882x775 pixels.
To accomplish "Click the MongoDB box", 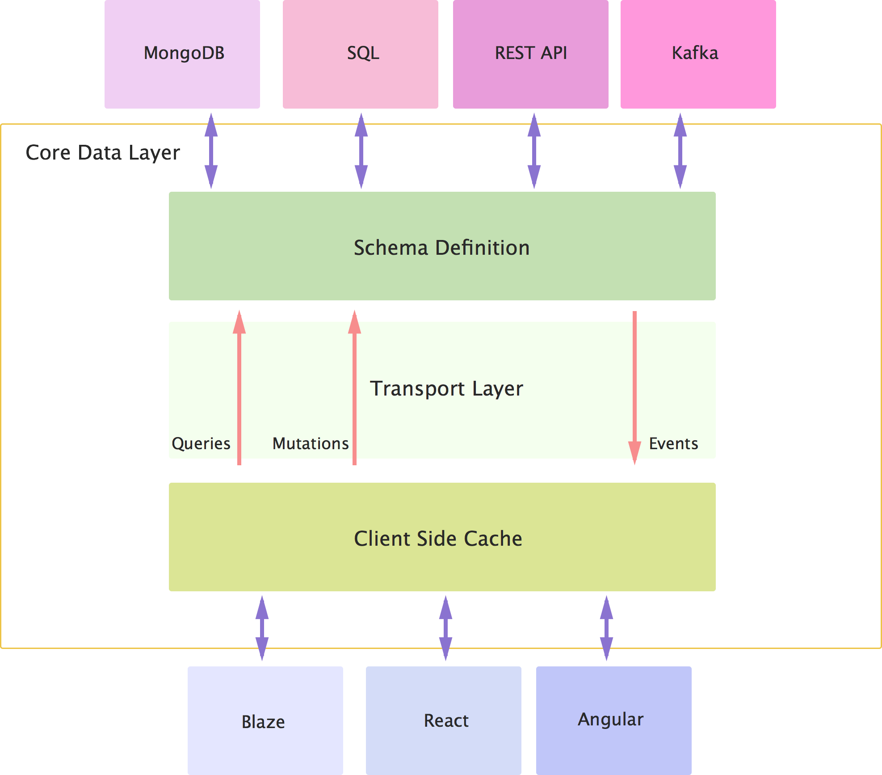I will point(182,54).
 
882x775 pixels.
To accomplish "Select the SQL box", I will point(361,54).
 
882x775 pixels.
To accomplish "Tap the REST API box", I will point(531,54).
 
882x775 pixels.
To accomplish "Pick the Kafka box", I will point(698,54).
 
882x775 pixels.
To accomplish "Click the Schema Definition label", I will point(441,248).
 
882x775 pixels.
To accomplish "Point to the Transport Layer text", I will point(446,388).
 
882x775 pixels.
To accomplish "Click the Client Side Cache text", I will point(438,538).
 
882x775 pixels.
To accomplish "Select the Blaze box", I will point(265,720).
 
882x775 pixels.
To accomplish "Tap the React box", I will point(444,720).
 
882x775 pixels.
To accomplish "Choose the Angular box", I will point(613,720).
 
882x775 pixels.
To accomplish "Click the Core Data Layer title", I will point(102,153).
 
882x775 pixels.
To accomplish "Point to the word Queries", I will point(201,443).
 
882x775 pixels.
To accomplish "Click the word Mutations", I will point(311,443).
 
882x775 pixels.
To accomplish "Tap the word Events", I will point(673,443).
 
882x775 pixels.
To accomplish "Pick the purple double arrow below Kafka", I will point(680,151).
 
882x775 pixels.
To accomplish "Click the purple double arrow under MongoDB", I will point(211,151).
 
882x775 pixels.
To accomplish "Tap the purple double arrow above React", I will point(445,628).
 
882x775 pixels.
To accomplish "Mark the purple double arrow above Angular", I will point(606,628).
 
